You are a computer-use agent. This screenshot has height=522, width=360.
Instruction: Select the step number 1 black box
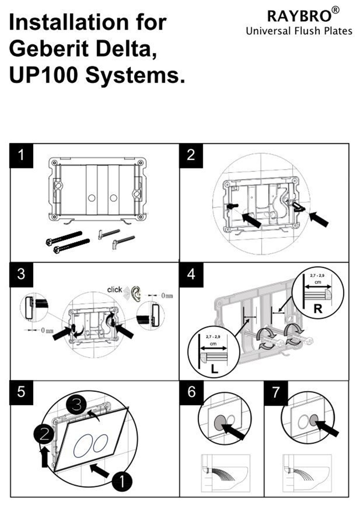[21, 155]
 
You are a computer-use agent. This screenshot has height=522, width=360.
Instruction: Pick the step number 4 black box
[191, 274]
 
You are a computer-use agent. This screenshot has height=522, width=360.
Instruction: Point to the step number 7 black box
[276, 392]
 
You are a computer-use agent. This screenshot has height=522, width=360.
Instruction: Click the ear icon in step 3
[135, 294]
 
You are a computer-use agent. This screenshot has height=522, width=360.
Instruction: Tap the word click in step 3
[114, 290]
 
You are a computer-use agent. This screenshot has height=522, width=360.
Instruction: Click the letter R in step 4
[318, 309]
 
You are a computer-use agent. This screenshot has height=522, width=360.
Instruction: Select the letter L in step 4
[214, 369]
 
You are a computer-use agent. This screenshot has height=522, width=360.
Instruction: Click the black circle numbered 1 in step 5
[122, 481]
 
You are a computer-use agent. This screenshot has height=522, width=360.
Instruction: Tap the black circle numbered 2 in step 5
[44, 435]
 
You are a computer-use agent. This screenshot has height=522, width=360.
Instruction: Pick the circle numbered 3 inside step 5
[77, 405]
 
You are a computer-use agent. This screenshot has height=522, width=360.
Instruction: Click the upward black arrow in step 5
[45, 456]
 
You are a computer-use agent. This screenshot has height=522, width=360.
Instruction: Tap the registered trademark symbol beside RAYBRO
[335, 10]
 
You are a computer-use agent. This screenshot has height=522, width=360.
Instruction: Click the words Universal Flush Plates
[299, 31]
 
